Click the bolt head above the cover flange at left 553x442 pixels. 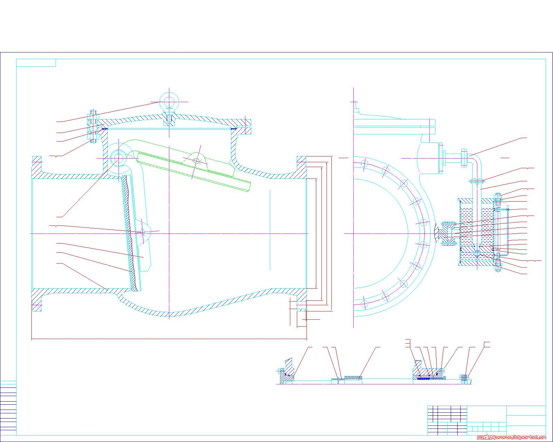[x=93, y=114]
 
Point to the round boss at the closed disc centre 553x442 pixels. [x=143, y=232]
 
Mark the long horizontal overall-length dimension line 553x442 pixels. [x=169, y=339]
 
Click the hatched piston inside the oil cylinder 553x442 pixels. [x=477, y=249]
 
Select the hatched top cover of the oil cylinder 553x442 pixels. [x=477, y=201]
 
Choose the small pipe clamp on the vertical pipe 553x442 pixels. [x=477, y=181]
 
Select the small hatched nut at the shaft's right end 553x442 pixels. [x=464, y=377]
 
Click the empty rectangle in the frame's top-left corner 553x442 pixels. [x=36, y=63]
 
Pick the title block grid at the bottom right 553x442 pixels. [x=487, y=421]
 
